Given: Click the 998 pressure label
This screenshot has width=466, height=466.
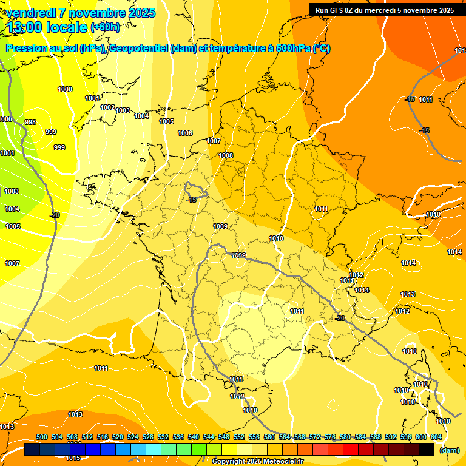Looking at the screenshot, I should pyautogui.click(x=30, y=122).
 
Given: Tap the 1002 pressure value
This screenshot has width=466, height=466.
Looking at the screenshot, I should pyautogui.click(x=107, y=107).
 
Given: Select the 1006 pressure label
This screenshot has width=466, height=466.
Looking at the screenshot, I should pyautogui.click(x=185, y=133).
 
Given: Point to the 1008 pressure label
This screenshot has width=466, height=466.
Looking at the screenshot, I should pyautogui.click(x=226, y=155).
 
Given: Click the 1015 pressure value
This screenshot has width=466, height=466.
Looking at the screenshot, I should pyautogui.click(x=73, y=458).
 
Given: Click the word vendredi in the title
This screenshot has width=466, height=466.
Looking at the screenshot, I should pyautogui.click(x=30, y=13).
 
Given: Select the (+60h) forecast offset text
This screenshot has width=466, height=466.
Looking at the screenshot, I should pyautogui.click(x=105, y=27).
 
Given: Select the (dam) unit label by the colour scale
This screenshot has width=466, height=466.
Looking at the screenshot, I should pyautogui.click(x=449, y=450).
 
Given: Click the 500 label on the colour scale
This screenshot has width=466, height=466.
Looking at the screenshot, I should pyautogui.click(x=42, y=437).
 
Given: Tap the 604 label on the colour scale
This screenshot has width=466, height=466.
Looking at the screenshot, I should pyautogui.click(x=436, y=437).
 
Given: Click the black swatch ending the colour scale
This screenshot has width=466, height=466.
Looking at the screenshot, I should pyautogui.click(x=427, y=450).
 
